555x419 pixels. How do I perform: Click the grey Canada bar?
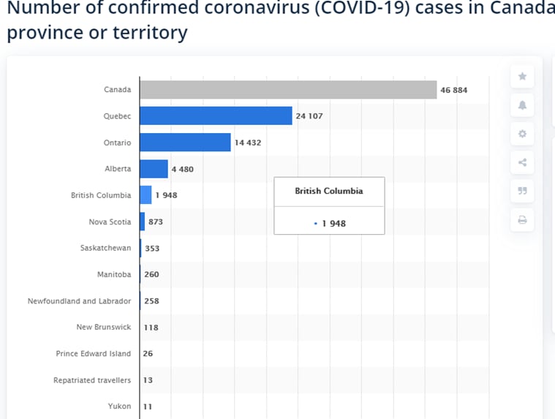[x=288, y=90]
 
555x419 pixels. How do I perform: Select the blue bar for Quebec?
[x=216, y=116]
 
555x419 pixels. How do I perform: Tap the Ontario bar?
[x=185, y=143]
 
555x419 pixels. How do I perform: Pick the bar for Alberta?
[x=154, y=169]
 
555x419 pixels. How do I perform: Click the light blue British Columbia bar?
[x=146, y=195]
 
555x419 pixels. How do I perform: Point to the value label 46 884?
[x=453, y=90]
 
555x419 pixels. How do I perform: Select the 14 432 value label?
[x=247, y=143]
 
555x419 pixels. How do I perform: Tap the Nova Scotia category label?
[x=110, y=222]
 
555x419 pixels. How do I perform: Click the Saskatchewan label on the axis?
[x=105, y=248]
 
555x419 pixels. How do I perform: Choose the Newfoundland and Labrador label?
[x=79, y=301]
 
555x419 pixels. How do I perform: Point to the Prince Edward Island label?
[x=93, y=353]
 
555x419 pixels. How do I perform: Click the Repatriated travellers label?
[x=92, y=380]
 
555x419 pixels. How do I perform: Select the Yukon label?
[x=119, y=406]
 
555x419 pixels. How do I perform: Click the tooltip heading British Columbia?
[x=329, y=191]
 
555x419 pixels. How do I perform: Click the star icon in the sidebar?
[x=522, y=76]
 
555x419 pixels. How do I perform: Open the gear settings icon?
[x=522, y=134]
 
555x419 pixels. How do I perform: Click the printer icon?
[x=522, y=219]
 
